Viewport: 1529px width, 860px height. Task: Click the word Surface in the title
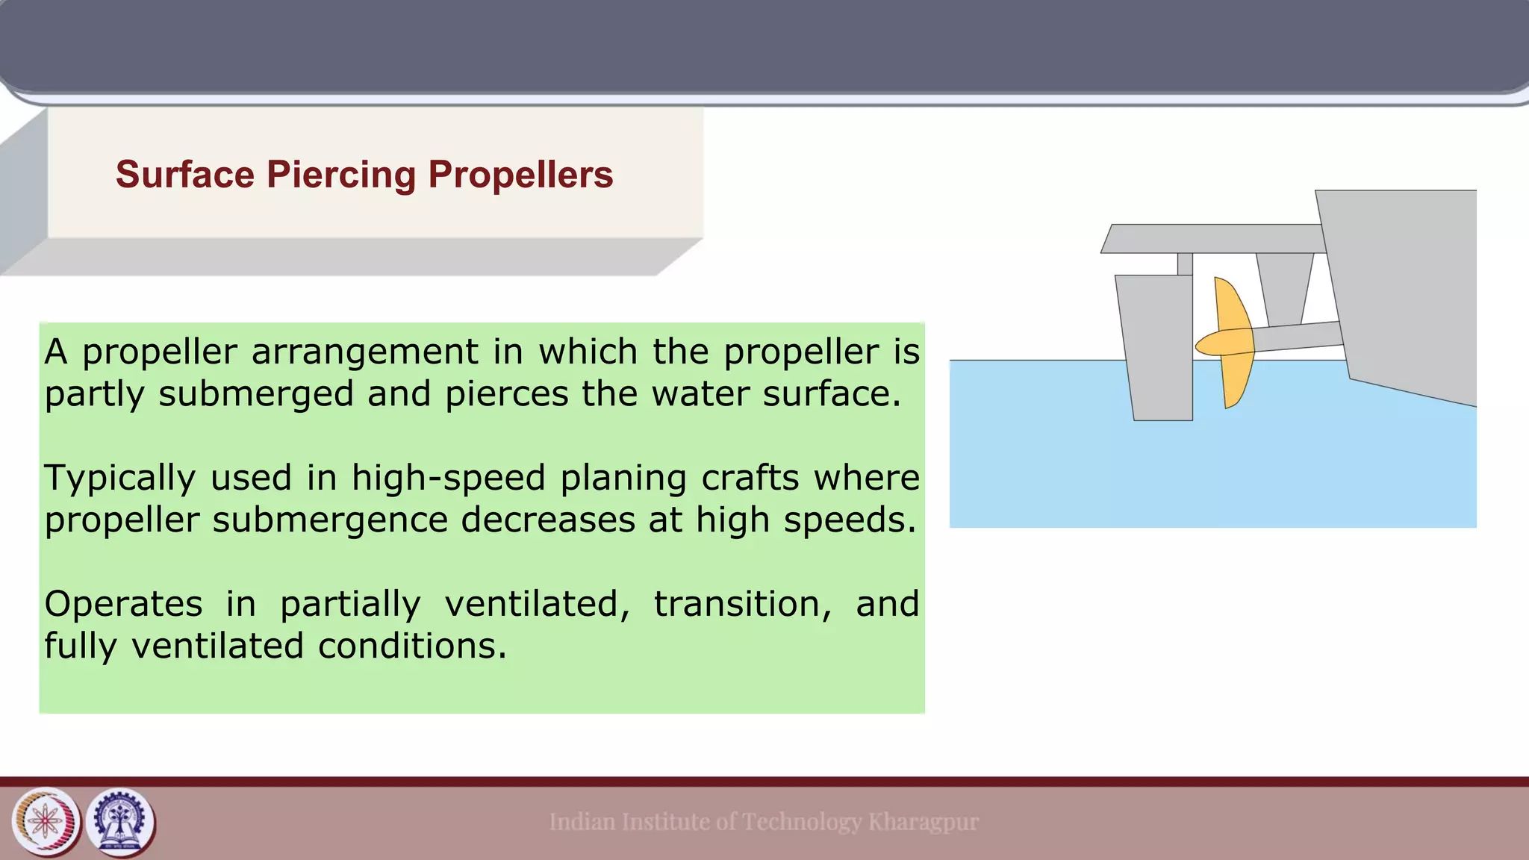[x=185, y=175]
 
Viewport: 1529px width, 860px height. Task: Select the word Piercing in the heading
[x=341, y=175]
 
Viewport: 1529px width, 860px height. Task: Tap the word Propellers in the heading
[x=520, y=175]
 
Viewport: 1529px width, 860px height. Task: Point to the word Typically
[x=119, y=479]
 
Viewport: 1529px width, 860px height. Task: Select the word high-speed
[x=448, y=479]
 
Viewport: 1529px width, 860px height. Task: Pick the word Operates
[x=123, y=604]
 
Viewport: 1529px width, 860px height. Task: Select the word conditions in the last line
[x=412, y=646]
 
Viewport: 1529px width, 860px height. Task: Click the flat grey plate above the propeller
[x=1213, y=239]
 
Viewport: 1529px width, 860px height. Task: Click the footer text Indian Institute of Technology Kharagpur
[x=763, y=822]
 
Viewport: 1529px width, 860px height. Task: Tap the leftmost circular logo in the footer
[x=46, y=823]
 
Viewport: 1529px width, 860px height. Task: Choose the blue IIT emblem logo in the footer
[x=121, y=823]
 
